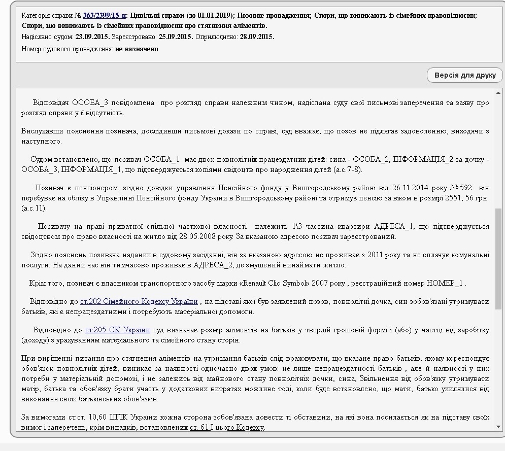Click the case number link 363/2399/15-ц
pos(105,15)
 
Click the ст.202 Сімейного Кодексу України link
pos(139,302)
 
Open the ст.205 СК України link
pos(117,330)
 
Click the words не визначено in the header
pos(137,49)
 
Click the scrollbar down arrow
pos(498,427)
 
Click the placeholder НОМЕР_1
pos(447,283)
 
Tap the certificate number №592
pos(462,188)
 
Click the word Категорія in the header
pos(37,15)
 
